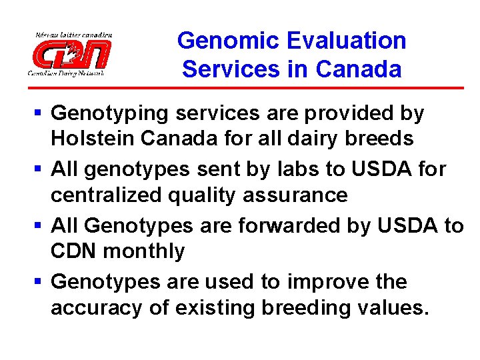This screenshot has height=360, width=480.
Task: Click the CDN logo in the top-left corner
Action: click(x=70, y=54)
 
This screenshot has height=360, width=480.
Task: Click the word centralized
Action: click(x=106, y=195)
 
